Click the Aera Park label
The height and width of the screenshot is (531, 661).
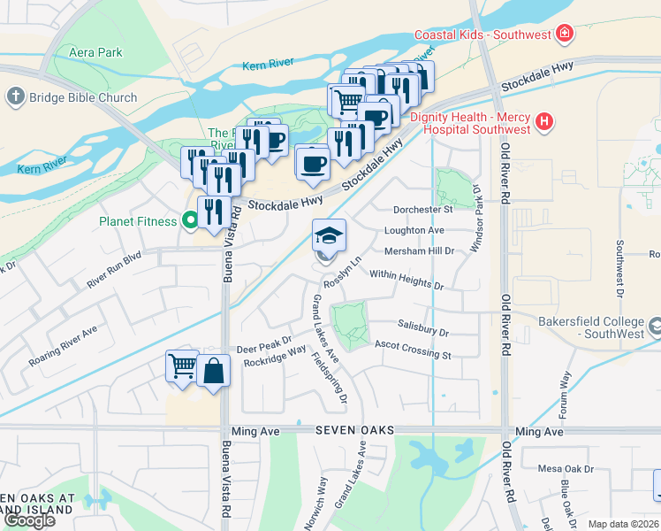(98, 53)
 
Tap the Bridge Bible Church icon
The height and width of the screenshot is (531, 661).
(15, 96)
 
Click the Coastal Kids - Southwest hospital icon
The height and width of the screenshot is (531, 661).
(563, 35)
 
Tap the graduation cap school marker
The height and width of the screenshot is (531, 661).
(329, 235)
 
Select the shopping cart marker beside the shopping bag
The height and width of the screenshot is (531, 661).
(182, 366)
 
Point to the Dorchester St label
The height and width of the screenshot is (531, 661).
(422, 210)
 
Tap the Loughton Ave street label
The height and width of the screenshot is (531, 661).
(414, 230)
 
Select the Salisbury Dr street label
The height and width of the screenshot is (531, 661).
(423, 329)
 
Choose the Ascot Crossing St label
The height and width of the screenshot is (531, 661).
(413, 350)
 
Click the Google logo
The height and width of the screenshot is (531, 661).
(29, 520)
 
